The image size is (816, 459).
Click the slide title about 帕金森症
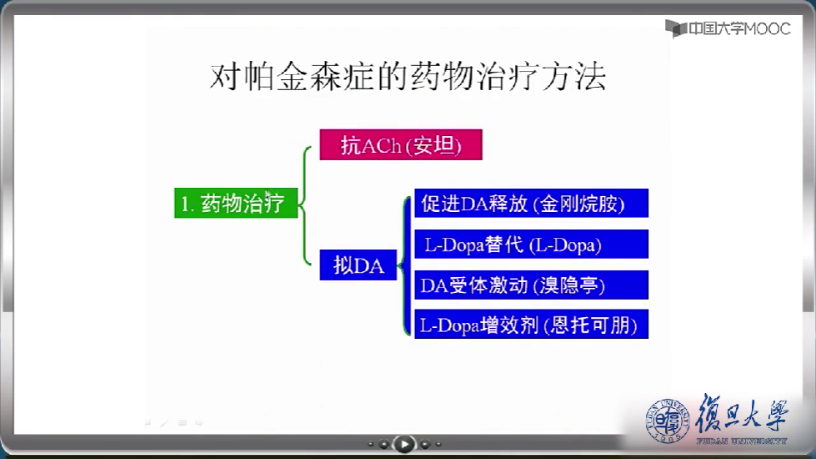(408, 77)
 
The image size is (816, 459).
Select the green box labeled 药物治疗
(236, 203)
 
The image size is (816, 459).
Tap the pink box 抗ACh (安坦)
(401, 145)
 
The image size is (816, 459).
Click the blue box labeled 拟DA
(358, 265)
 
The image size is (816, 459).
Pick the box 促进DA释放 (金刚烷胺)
(531, 203)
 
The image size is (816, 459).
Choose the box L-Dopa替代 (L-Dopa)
(531, 244)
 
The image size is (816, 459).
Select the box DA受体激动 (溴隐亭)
(531, 285)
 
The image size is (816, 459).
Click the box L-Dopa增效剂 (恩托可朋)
(531, 324)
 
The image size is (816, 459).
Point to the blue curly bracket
(405, 265)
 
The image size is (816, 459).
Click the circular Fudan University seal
(668, 421)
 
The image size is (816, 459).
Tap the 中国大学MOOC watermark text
(739, 28)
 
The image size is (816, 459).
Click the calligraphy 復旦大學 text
(742, 412)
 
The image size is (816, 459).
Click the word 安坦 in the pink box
(434, 145)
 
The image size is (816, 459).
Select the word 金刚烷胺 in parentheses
(582, 204)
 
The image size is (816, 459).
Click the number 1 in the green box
(184, 204)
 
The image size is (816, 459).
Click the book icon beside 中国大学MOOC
(676, 28)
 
